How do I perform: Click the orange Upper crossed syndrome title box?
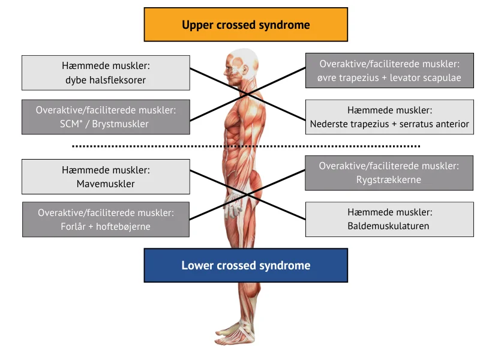click(x=246, y=25)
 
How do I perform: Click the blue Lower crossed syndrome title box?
click(x=246, y=265)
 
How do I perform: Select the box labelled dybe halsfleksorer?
click(x=106, y=73)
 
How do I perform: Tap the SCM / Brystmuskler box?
click(x=106, y=117)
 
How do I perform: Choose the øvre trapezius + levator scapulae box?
click(x=389, y=70)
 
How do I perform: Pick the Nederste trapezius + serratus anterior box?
click(x=389, y=117)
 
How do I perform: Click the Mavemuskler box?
click(x=106, y=176)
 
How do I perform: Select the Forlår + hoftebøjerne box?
click(x=106, y=219)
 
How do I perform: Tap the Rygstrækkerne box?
click(x=389, y=173)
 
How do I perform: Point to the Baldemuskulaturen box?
click(x=389, y=219)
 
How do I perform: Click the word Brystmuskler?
click(x=121, y=124)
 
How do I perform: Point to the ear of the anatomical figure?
click(x=244, y=70)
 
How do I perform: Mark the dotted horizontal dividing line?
click(x=246, y=146)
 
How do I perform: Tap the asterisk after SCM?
click(x=81, y=122)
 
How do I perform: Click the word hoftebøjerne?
click(x=123, y=227)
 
